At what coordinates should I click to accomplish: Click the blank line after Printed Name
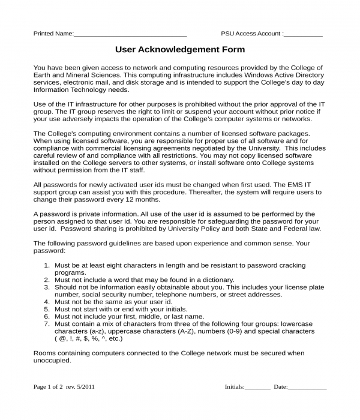(130, 35)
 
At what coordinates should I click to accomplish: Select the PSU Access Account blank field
(303, 35)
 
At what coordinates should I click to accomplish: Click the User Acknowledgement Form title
(180, 50)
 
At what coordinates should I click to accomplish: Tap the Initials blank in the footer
(257, 388)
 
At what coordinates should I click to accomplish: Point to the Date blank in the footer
(307, 388)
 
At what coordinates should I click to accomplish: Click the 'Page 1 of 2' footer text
(48, 387)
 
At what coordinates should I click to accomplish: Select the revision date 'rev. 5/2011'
(80, 387)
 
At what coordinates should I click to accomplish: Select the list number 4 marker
(47, 302)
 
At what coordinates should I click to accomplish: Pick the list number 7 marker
(47, 324)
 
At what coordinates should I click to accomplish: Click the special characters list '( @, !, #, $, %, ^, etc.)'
(88, 338)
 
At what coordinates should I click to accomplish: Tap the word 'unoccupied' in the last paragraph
(52, 361)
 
